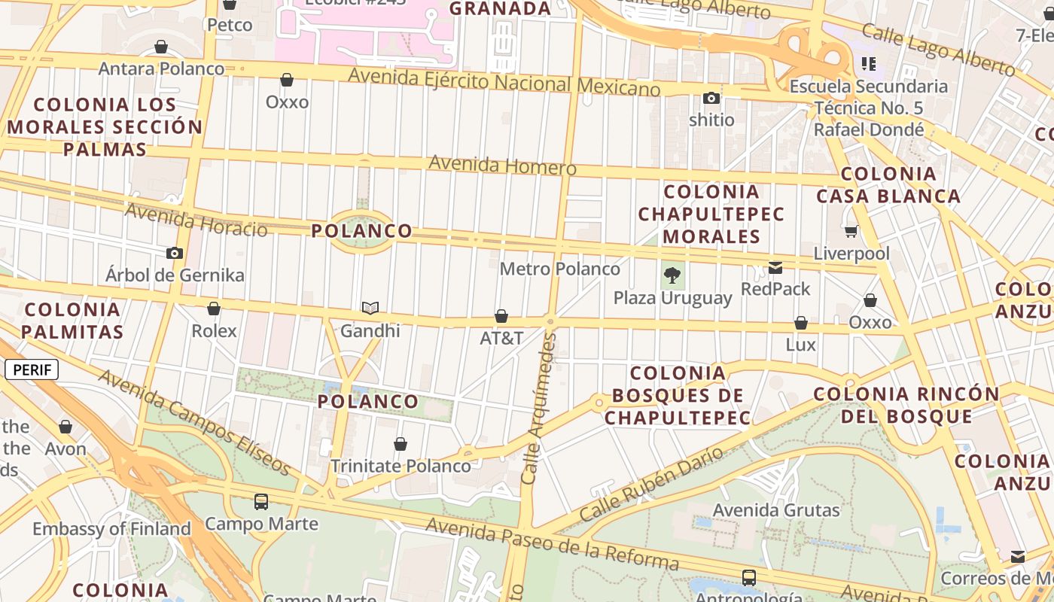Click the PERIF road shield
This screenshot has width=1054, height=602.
pyautogui.click(x=32, y=369)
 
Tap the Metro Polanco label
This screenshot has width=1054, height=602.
pyautogui.click(x=559, y=269)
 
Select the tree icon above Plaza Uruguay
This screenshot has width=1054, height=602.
pyautogui.click(x=672, y=275)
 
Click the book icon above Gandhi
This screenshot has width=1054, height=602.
pyautogui.click(x=370, y=308)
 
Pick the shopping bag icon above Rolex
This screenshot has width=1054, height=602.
pyautogui.click(x=214, y=309)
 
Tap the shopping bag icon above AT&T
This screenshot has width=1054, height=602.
pyautogui.click(x=501, y=316)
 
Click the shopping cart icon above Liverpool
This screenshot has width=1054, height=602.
pyautogui.click(x=851, y=231)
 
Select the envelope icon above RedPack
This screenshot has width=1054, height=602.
pyautogui.click(x=775, y=267)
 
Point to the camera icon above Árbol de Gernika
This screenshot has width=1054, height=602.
pyautogui.click(x=175, y=253)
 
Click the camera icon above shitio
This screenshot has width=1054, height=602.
pyautogui.click(x=711, y=98)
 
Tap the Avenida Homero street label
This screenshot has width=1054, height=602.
pyautogui.click(x=502, y=165)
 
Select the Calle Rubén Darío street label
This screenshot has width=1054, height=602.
pyautogui.click(x=651, y=484)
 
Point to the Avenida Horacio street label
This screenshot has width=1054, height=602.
pyautogui.click(x=196, y=219)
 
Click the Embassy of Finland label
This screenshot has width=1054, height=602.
pyautogui.click(x=111, y=529)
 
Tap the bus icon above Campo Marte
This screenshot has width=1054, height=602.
pyautogui.click(x=261, y=501)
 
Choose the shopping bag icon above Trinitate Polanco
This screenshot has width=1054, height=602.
pyautogui.click(x=401, y=444)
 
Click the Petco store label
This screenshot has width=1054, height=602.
pyautogui.click(x=230, y=25)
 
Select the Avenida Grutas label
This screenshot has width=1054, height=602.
pyautogui.click(x=776, y=510)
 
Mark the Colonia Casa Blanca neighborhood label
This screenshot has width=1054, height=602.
pyautogui.click(x=888, y=185)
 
